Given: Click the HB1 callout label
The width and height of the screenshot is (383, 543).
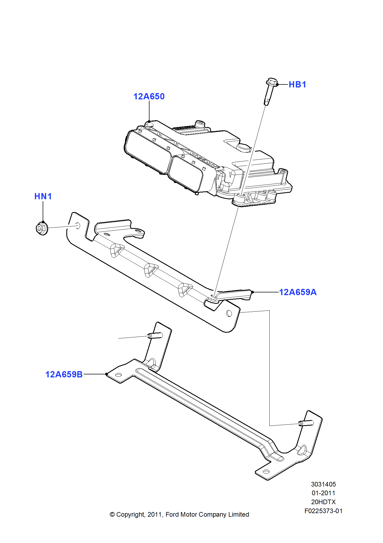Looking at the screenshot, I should click(297, 84).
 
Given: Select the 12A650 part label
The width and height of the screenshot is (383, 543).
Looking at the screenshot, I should click(149, 96).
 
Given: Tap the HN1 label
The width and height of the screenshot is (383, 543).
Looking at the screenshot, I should click(43, 196).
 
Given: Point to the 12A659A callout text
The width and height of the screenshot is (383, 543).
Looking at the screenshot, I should click(298, 292).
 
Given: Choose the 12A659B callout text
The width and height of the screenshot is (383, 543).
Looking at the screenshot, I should click(64, 374).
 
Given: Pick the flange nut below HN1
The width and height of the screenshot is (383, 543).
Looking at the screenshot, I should click(42, 228).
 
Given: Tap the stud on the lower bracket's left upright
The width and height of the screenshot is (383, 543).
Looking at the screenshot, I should click(155, 336).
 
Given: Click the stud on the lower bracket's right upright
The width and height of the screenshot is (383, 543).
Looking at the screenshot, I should click(306, 423).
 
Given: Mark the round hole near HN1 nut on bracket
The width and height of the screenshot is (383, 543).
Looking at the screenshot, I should click(77, 225).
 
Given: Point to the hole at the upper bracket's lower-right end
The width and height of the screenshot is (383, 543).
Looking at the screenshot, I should click(229, 314).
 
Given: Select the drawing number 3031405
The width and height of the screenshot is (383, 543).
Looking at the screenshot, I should click(323, 484).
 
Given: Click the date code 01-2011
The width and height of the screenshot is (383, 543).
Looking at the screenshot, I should click(323, 493).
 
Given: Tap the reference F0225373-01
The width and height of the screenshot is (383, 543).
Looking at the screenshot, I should click(323, 511).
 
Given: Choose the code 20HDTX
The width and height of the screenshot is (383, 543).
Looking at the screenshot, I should click(323, 502).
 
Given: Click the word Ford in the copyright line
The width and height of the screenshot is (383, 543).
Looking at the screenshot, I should click(172, 514).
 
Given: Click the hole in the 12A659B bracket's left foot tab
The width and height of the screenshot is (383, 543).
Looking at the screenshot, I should click(119, 375).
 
